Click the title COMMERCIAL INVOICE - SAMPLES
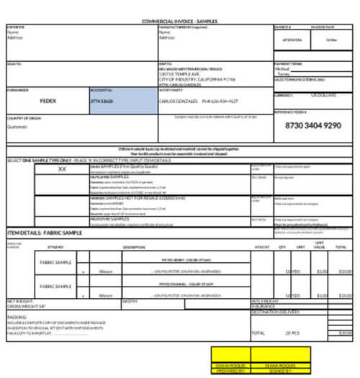(179, 22)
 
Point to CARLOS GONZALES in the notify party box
(176, 102)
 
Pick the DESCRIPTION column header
(134, 247)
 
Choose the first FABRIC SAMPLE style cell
(56, 263)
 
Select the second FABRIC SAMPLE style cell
(56, 287)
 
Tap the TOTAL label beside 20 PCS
(258, 333)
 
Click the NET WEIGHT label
(19, 300)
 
